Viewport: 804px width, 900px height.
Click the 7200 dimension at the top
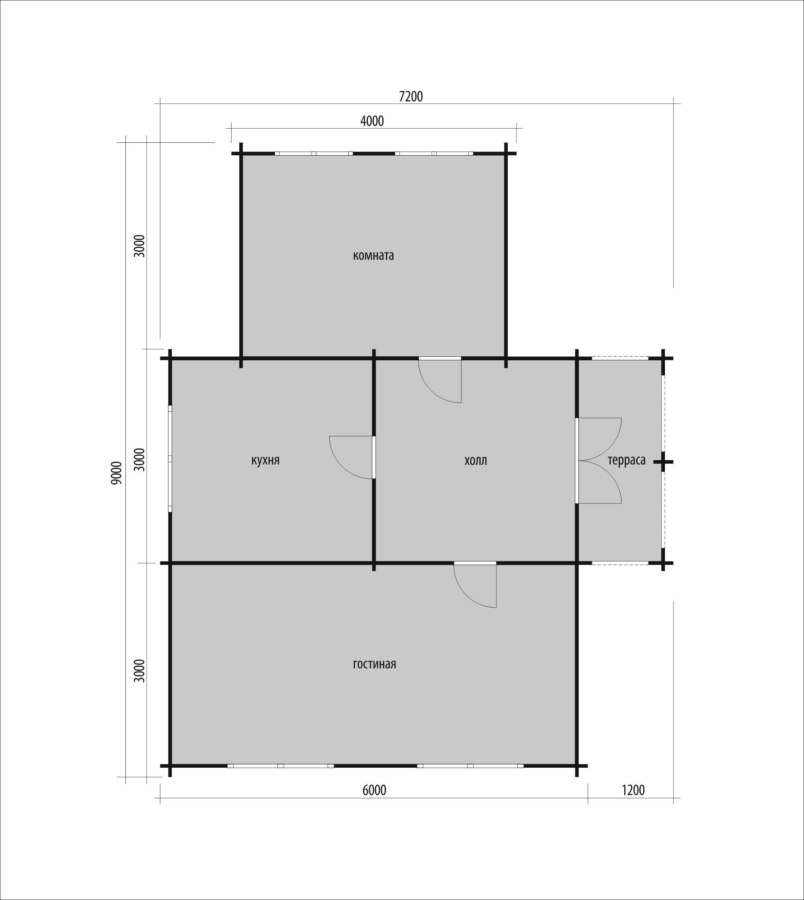(411, 97)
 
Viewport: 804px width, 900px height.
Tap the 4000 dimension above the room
(372, 121)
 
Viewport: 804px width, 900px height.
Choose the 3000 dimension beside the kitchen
(139, 460)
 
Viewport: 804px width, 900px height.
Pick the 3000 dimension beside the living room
(139, 671)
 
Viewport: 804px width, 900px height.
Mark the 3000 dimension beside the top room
(139, 246)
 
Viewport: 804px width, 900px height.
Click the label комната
(373, 256)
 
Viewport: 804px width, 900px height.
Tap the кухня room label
(265, 461)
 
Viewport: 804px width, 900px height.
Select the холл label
(476, 461)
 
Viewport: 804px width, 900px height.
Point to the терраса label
(626, 461)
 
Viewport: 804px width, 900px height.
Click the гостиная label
(374, 664)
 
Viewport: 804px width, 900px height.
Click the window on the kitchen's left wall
(170, 458)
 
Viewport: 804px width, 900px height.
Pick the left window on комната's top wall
(314, 154)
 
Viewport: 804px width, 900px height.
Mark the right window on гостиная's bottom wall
(470, 766)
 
